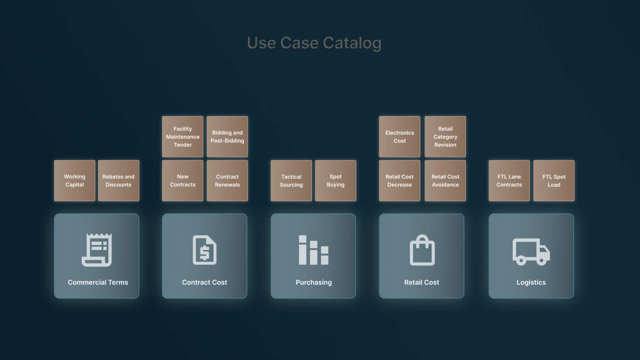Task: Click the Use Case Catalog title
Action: pyautogui.click(x=314, y=43)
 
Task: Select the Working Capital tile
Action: pyautogui.click(x=74, y=180)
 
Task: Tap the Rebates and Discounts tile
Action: pyautogui.click(x=118, y=180)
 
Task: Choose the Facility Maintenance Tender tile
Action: pyautogui.click(x=182, y=136)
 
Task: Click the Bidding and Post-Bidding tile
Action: pyautogui.click(x=227, y=136)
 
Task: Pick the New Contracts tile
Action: pyautogui.click(x=182, y=180)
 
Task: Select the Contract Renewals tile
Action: pyautogui.click(x=227, y=180)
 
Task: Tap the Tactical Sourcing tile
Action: pyautogui.click(x=291, y=180)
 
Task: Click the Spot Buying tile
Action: pyautogui.click(x=335, y=180)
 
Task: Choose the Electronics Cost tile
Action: pyautogui.click(x=400, y=136)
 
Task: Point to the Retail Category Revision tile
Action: pyautogui.click(x=445, y=136)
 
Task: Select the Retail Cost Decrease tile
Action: pyautogui.click(x=400, y=180)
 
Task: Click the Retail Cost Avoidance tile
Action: pyautogui.click(x=445, y=180)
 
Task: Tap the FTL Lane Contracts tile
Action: pyautogui.click(x=509, y=180)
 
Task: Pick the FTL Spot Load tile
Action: pyautogui.click(x=554, y=180)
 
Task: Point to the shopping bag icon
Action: pyautogui.click(x=422, y=250)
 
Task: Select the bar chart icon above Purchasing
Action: pyautogui.click(x=314, y=250)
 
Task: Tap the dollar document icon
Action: pyautogui.click(x=204, y=250)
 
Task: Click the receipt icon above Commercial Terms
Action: pyautogui.click(x=97, y=250)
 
